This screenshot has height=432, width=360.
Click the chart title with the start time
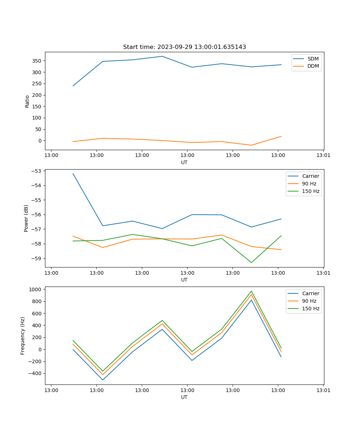click(184, 47)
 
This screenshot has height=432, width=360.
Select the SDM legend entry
click(313, 59)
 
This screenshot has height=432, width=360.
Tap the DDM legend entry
click(313, 66)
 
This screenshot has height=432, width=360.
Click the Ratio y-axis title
click(27, 101)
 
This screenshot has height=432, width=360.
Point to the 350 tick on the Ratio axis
click(37, 61)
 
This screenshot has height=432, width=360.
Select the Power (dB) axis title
click(26, 218)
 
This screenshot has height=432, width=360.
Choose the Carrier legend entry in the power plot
click(310, 176)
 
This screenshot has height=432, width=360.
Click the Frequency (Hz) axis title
click(23, 336)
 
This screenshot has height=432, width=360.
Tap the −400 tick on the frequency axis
click(36, 373)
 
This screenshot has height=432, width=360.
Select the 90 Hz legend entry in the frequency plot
click(309, 301)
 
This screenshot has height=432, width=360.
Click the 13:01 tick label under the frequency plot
click(323, 390)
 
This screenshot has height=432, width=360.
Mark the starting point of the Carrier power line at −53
click(73, 174)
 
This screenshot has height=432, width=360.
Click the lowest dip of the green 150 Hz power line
click(251, 262)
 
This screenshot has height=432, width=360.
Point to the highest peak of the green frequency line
click(251, 291)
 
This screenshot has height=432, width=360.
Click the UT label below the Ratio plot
click(184, 162)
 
